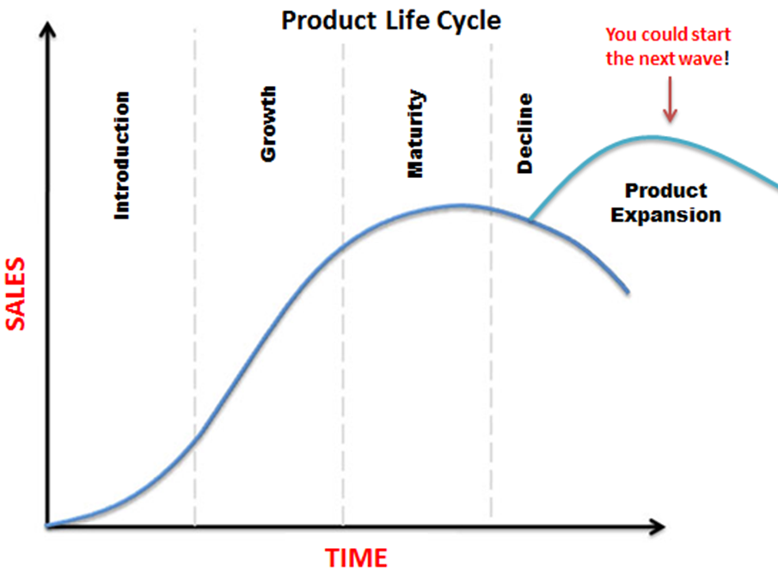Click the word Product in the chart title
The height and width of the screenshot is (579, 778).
[329, 21]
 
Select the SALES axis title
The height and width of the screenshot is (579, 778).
[15, 293]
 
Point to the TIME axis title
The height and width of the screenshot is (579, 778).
[356, 557]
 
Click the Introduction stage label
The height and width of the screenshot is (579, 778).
[121, 156]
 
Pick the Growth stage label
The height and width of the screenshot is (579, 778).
[268, 124]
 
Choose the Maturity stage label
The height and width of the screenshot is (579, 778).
[416, 133]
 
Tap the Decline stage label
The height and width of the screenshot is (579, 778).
[524, 133]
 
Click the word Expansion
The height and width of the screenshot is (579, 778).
[666, 215]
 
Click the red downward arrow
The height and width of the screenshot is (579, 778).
[671, 99]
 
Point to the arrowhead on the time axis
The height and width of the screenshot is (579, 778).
[658, 527]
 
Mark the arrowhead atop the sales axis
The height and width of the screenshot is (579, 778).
[47, 29]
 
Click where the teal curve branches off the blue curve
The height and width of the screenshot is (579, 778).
[530, 219]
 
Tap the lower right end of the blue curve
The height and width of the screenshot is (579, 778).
[628, 293]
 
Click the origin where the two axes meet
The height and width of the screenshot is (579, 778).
[47, 527]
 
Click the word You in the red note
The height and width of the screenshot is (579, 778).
[622, 34]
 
